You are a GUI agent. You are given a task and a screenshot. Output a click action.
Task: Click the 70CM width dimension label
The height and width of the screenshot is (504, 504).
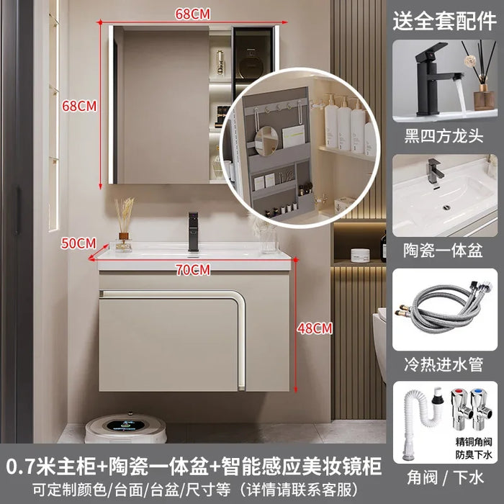coord(193,269)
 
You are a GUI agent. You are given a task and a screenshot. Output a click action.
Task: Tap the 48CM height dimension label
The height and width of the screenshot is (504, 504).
coord(315,328)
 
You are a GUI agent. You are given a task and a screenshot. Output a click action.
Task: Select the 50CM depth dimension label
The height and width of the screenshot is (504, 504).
coord(78,243)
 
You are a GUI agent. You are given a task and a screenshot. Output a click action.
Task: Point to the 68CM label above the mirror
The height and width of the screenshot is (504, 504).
coord(192,14)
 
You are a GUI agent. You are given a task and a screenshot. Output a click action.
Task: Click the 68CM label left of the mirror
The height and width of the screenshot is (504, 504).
coord(79,106)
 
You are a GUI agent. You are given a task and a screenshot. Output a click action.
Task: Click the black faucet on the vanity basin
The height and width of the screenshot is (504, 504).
coord(193,231)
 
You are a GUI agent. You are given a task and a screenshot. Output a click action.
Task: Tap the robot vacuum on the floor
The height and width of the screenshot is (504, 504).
coord(126,427)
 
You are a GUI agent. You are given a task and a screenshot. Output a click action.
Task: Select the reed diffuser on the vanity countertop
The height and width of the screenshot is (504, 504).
coord(124,225)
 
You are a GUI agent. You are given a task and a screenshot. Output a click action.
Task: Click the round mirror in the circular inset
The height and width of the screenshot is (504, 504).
coord(266,140)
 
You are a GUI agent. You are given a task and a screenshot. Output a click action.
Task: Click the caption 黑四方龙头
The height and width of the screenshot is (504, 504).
coord(444,136)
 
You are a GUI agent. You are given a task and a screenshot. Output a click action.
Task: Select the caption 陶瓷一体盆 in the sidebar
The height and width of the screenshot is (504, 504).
coord(444,250)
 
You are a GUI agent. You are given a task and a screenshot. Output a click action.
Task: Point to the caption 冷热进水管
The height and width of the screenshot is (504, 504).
coord(444,364)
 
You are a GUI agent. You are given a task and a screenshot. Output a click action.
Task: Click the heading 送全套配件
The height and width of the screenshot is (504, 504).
coord(444,21)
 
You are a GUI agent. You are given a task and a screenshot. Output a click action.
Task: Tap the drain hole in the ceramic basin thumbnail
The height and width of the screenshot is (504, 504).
coord(446,207)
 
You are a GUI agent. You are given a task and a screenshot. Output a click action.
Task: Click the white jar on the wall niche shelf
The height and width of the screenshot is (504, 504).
coord(360,256)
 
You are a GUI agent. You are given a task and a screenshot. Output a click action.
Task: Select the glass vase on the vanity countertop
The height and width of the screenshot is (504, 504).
coord(269,240)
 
